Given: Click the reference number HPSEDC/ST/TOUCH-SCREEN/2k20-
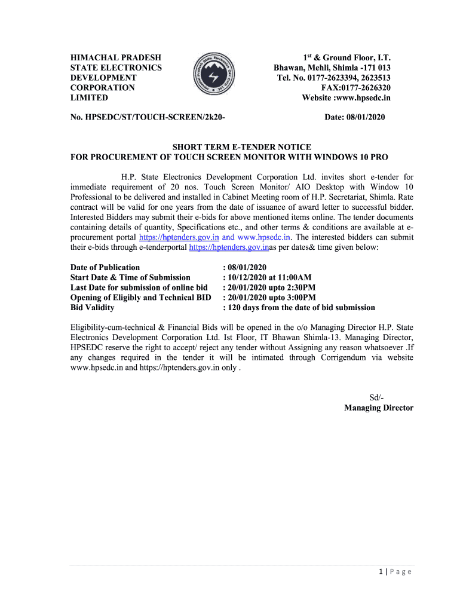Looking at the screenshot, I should [x=148, y=117].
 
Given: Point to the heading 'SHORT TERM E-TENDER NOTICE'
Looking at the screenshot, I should [x=242, y=147].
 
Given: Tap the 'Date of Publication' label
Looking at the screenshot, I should [x=105, y=267].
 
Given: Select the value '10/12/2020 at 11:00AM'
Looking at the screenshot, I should [x=267, y=277].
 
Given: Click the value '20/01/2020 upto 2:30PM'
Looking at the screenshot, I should [x=269, y=287].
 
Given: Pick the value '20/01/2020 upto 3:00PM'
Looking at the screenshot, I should [x=269, y=298].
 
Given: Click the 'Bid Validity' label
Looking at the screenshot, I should [x=93, y=308].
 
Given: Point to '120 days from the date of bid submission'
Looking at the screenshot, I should [x=299, y=308].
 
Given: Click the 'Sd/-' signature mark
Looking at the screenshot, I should [x=377, y=398].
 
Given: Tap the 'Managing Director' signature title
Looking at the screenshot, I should [x=379, y=408].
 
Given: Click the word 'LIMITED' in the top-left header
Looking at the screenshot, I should [x=89, y=97].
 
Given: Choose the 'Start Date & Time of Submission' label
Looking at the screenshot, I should [x=130, y=277].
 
